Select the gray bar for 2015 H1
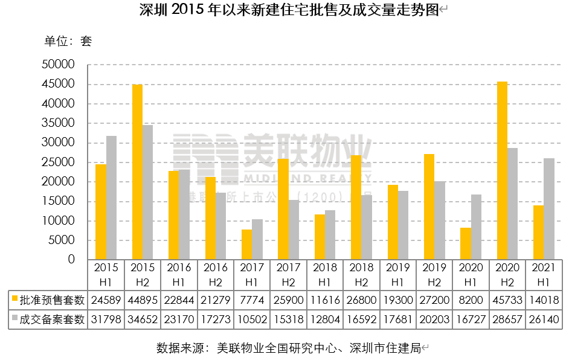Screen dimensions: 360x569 tap(111, 198)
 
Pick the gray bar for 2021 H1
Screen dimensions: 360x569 tap(549, 209)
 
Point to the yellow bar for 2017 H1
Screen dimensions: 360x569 tap(246, 245)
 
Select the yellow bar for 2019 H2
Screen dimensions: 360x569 tap(429, 207)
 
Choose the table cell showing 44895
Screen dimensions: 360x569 tap(143, 300)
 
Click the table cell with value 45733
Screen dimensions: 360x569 tap(507, 300)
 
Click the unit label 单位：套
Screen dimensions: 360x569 tap(68, 42)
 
